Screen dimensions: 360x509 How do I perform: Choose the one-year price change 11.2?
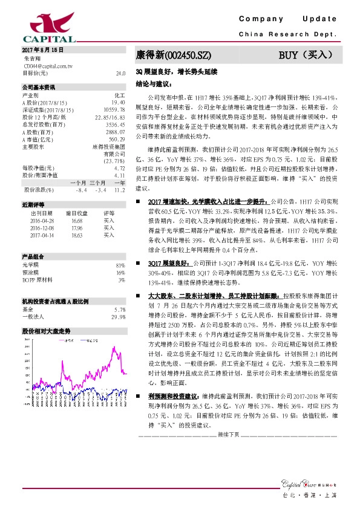[x=119, y=189]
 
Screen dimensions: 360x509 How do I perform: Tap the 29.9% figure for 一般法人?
[x=118, y=316]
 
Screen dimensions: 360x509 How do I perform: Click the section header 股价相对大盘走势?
[x=47, y=331]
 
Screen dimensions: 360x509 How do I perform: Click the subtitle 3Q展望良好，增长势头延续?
[x=176, y=71]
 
